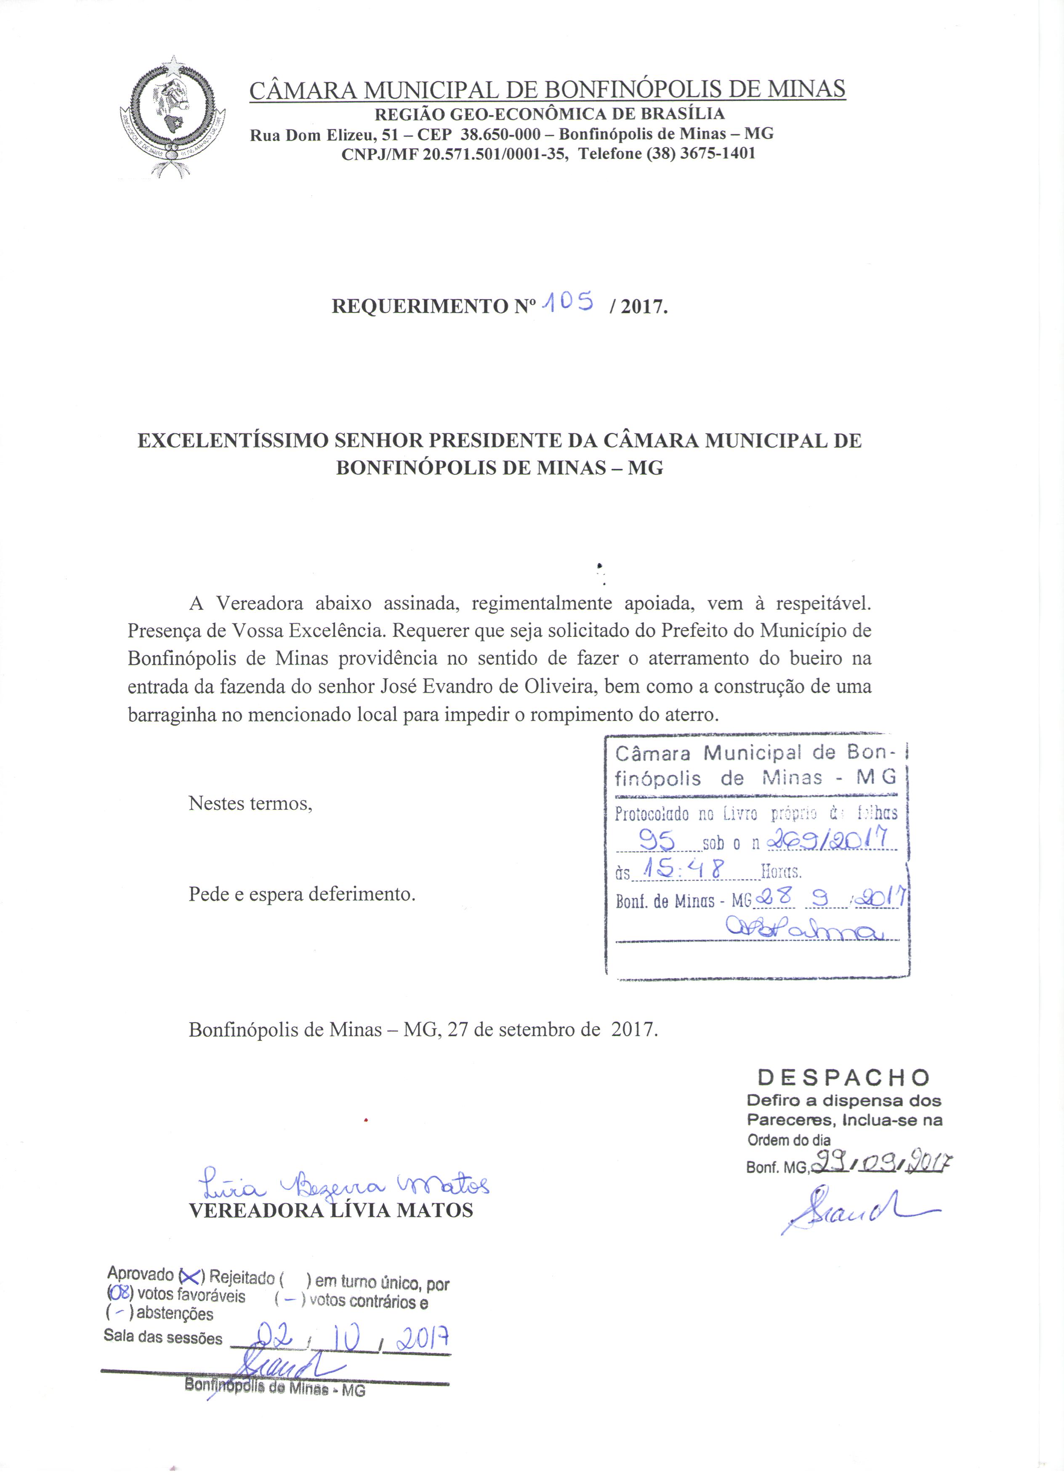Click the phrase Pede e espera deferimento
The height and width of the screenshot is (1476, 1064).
[x=302, y=894]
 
